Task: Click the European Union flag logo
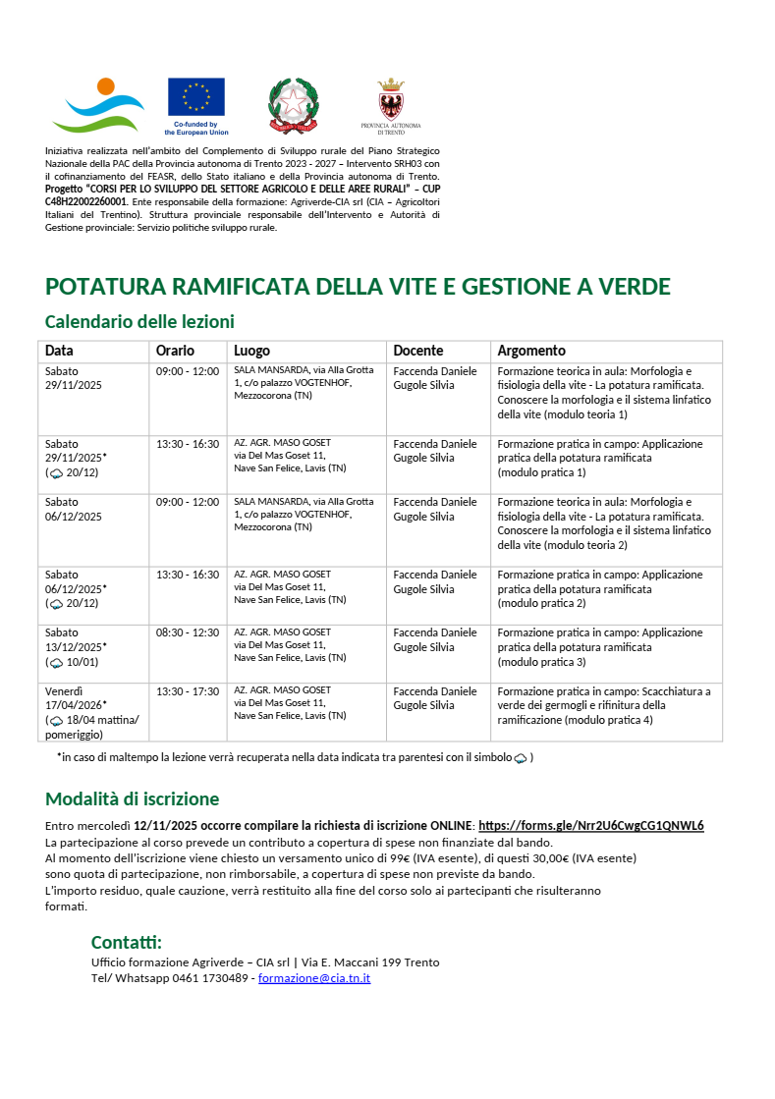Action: (195, 97)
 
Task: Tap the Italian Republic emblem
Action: (293, 105)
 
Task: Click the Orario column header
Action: (175, 351)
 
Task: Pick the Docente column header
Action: (417, 351)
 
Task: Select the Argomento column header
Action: (531, 351)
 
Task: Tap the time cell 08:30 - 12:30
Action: (187, 633)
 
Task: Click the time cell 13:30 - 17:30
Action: (187, 691)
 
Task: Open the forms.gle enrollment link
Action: (590, 825)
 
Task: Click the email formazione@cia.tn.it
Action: (313, 978)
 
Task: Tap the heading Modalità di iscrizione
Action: (132, 798)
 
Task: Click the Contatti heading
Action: (126, 943)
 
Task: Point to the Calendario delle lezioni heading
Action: (139, 321)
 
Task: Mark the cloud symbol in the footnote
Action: (521, 758)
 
